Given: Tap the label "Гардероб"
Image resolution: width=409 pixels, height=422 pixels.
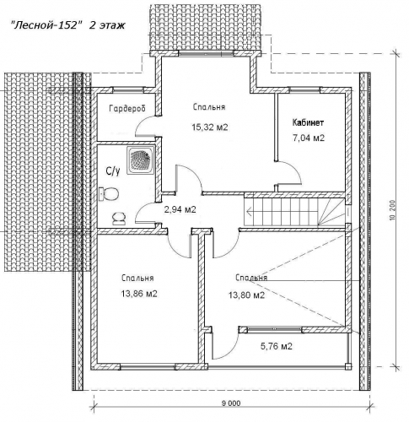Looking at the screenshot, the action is click(x=127, y=108).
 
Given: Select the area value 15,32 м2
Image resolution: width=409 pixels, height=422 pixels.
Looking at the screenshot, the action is click(x=209, y=127).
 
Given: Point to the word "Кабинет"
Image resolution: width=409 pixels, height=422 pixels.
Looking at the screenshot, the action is click(x=308, y=122).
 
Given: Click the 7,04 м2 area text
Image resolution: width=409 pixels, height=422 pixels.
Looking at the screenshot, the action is click(x=309, y=138).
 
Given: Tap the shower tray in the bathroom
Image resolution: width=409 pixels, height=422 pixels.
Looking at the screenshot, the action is click(x=141, y=160).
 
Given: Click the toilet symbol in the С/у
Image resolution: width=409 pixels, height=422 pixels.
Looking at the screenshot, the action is click(x=109, y=193).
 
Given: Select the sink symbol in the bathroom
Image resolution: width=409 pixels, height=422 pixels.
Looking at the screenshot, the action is click(x=119, y=219).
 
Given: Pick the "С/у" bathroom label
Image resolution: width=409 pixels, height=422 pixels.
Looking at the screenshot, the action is click(x=112, y=171).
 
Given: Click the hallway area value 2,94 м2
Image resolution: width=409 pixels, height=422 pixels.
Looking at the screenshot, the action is click(x=180, y=209).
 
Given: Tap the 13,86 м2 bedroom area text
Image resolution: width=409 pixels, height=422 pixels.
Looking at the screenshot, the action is click(x=139, y=294).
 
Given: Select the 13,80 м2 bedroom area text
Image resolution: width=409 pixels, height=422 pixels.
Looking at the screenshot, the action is click(x=246, y=295).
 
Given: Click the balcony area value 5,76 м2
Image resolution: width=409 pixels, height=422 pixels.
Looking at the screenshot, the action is click(x=277, y=346).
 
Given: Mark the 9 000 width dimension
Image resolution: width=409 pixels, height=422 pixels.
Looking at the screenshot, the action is click(x=231, y=403).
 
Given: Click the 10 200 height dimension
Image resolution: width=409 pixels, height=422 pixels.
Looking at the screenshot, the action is click(x=393, y=210).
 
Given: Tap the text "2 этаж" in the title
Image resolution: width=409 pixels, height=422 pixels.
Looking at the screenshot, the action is click(x=107, y=25).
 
